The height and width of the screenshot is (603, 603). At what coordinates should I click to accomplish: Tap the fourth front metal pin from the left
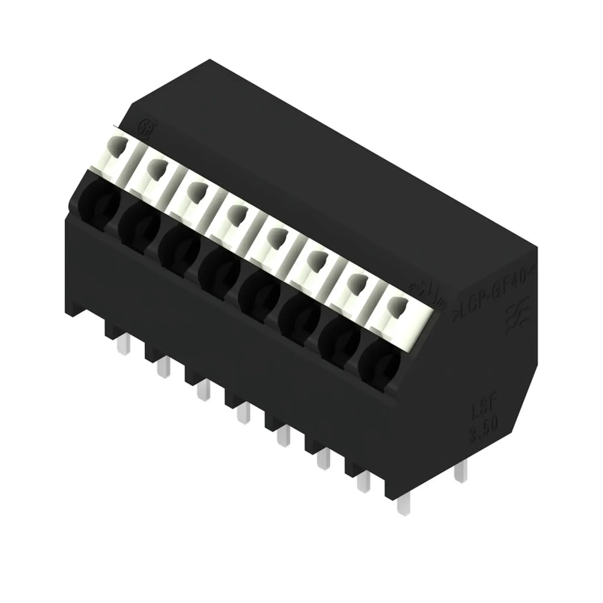click(x=243, y=415)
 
